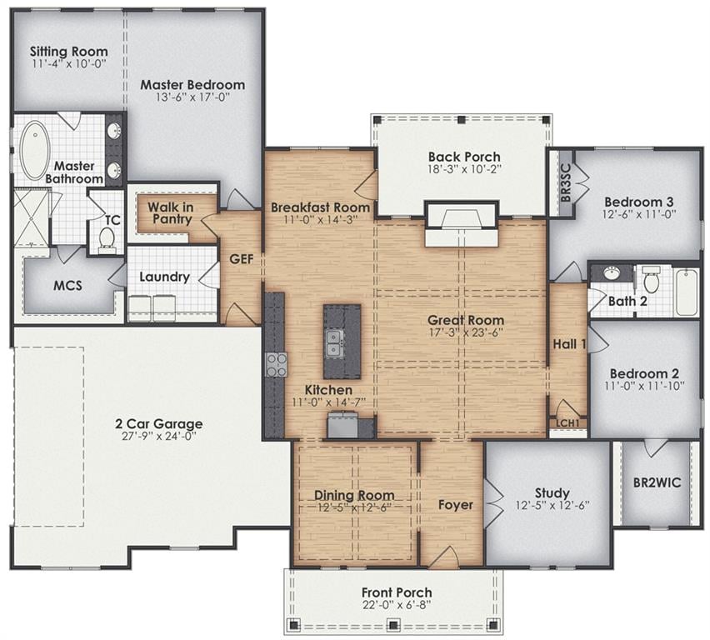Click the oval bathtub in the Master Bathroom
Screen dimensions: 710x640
point(33,150)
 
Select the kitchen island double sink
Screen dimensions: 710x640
point(334,343)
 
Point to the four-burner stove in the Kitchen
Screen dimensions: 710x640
point(276,364)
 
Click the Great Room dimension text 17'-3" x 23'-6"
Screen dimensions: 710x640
point(466,332)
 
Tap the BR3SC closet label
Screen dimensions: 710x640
point(566,182)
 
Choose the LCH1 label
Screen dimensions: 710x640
point(567,423)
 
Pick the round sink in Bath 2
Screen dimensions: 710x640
point(612,273)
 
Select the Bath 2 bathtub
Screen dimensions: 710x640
point(687,292)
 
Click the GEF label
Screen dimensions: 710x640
point(242,259)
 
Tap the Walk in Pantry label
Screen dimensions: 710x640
point(171,212)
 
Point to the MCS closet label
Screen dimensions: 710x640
point(68,285)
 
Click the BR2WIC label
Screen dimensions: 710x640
point(657,482)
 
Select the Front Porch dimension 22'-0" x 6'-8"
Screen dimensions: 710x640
point(397,605)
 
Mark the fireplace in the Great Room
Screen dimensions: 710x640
point(462,224)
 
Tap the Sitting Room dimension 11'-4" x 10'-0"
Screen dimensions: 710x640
point(69,63)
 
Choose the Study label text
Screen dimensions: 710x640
point(552,492)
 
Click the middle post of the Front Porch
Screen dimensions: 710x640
point(393,624)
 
